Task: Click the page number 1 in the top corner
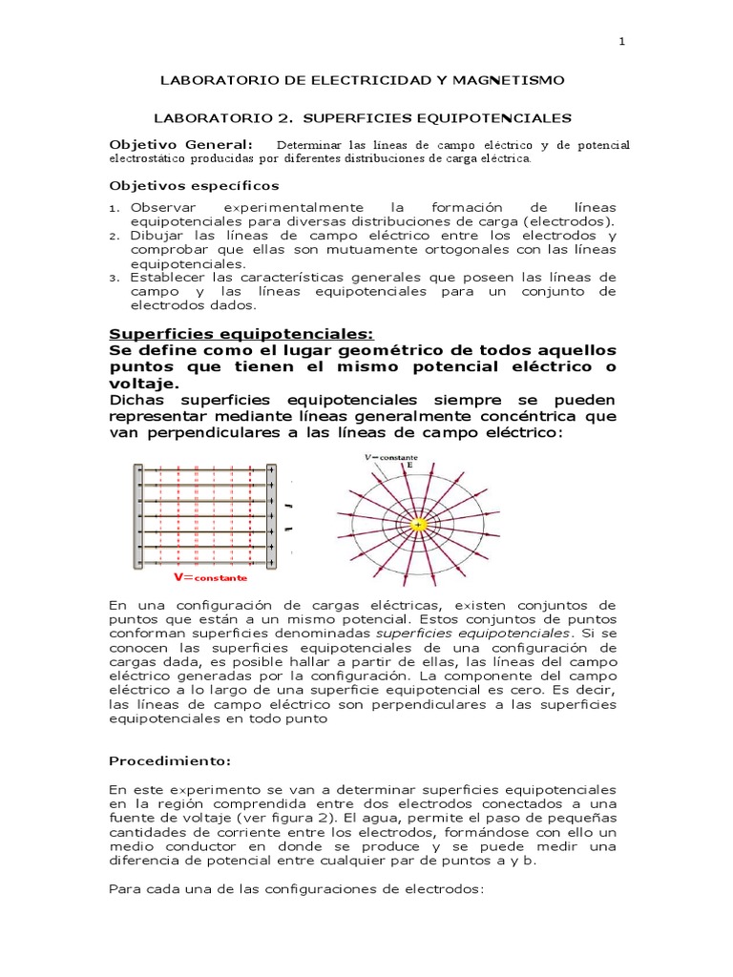click(620, 42)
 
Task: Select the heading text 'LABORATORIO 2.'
click(209, 118)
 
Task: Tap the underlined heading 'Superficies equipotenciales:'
click(242, 333)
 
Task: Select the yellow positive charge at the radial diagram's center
click(418, 524)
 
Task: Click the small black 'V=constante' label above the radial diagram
click(390, 457)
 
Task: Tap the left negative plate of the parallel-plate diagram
click(139, 515)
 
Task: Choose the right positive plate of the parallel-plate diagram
click(272, 515)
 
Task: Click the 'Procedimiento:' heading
click(169, 762)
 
